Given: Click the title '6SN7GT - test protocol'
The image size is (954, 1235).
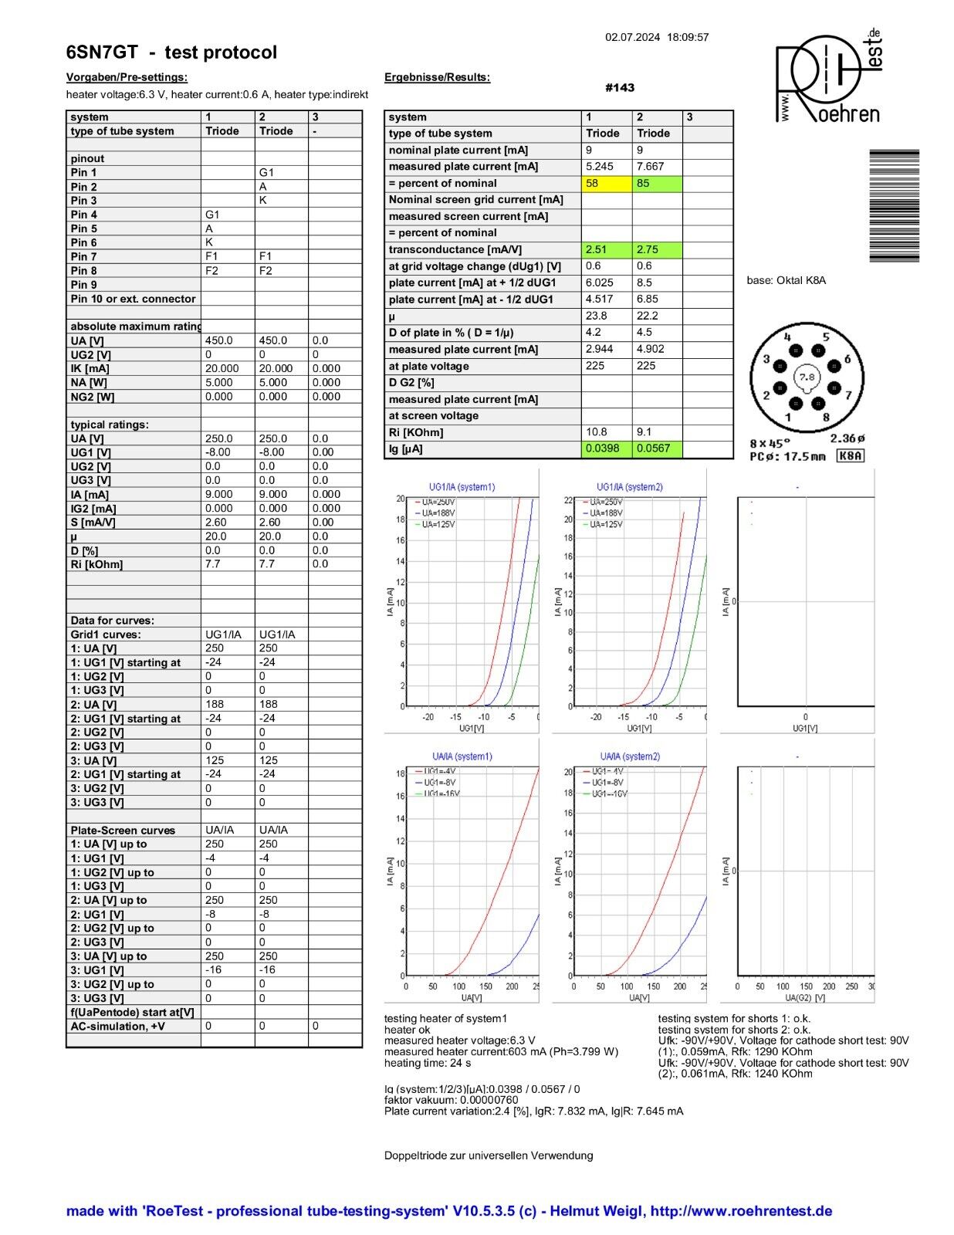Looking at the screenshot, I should click(171, 52).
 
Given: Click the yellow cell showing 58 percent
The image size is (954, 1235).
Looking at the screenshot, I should click(606, 184).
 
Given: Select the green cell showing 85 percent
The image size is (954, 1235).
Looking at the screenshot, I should click(657, 184).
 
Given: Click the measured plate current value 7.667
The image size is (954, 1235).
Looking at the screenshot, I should click(650, 167).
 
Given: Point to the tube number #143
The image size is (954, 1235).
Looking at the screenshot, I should click(620, 88).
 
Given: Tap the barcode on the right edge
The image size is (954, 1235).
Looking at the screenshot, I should click(894, 205).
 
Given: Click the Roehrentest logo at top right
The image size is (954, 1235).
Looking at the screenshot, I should click(827, 77).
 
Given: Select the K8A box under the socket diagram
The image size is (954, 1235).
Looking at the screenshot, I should click(850, 456).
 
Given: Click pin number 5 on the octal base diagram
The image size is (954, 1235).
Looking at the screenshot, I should click(825, 337).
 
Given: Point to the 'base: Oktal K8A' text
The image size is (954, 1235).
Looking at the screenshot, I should click(786, 280).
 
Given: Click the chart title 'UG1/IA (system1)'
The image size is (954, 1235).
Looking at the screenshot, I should click(462, 487).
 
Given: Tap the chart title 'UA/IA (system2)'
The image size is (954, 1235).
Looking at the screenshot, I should click(630, 756).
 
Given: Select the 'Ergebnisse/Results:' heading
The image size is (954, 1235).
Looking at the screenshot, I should click(437, 77).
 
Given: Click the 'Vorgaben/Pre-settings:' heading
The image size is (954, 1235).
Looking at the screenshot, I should click(127, 77).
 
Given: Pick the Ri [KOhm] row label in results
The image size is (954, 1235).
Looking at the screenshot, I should click(405, 432).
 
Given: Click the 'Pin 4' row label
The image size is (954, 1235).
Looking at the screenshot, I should click(84, 215).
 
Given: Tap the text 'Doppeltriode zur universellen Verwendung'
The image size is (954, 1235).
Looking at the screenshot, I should click(489, 1155).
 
